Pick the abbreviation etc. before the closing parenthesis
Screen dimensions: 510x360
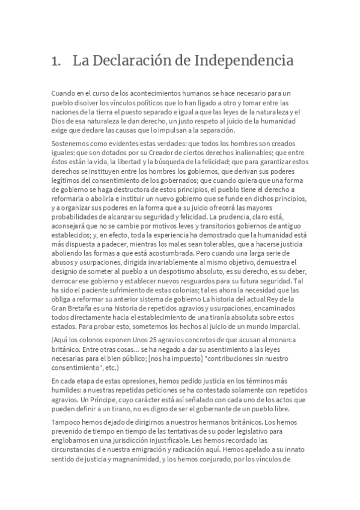tap(110, 368)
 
